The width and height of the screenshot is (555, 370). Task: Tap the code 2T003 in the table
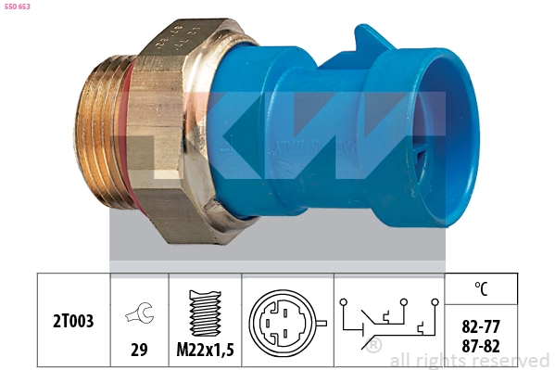pos(74,321)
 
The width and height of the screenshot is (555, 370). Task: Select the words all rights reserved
pos(470,361)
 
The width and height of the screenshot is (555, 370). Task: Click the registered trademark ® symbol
pos(373,346)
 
